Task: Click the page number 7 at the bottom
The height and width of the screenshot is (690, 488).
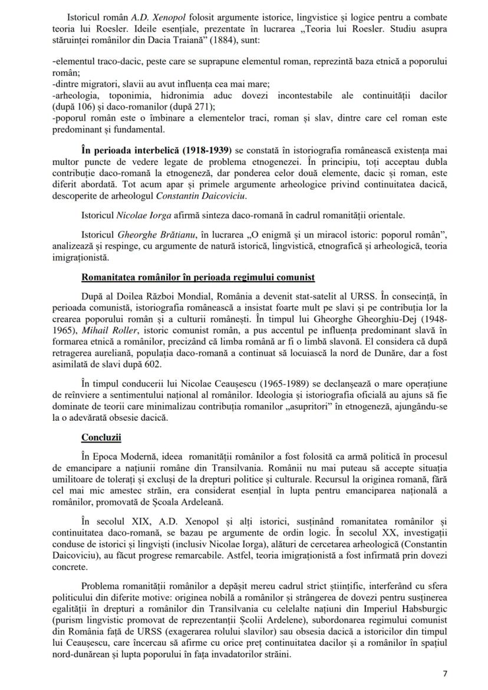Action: pos(445,673)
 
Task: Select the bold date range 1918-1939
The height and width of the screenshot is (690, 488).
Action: pos(200,150)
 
